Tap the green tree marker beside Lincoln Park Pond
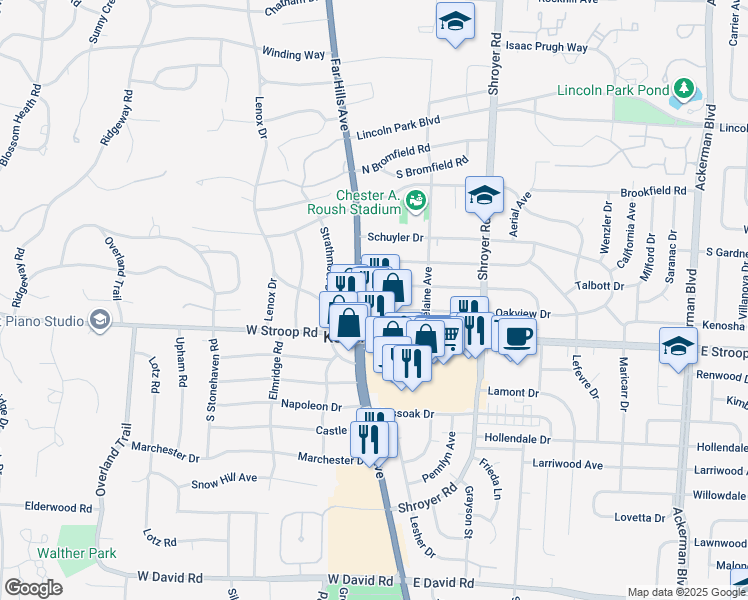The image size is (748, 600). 684,89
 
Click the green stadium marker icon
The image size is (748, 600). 413,200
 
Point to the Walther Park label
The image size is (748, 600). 77,553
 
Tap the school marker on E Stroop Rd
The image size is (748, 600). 679,348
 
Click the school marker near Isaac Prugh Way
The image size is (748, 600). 455,21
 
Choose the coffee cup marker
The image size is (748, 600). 516,336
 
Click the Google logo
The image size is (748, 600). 33,588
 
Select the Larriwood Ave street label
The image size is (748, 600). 566,465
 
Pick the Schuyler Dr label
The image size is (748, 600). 396,238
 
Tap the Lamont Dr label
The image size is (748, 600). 512,394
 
